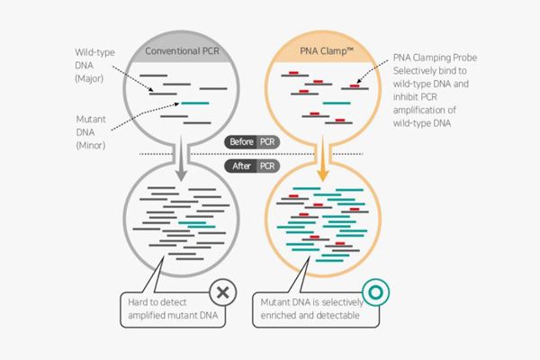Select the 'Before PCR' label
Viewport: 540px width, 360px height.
tap(252, 143)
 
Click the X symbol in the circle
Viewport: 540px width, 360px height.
tap(222, 292)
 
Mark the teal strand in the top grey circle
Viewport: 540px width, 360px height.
tap(194, 103)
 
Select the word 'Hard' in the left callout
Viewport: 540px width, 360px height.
tap(139, 300)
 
